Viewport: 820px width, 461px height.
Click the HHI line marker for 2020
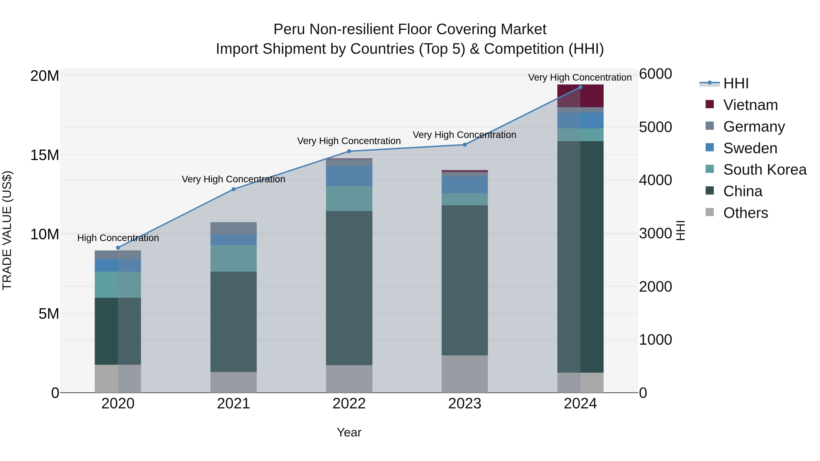tap(118, 247)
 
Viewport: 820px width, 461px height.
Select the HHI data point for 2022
tap(349, 151)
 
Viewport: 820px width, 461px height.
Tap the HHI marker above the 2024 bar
tap(580, 87)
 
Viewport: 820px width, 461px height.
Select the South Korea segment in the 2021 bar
tap(233, 258)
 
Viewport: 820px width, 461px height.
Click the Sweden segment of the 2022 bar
tap(349, 176)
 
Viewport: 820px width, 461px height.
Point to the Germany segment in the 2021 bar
tap(233, 228)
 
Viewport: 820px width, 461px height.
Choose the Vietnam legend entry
tap(750, 105)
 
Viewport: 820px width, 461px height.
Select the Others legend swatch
tap(710, 212)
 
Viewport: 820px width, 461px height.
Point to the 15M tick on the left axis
tap(45, 155)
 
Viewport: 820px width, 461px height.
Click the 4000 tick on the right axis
tap(655, 180)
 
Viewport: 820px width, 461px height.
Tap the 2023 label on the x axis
tap(464, 404)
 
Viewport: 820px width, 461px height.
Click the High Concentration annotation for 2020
tap(118, 238)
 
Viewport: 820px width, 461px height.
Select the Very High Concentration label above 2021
tap(233, 179)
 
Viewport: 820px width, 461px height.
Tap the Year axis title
tap(349, 432)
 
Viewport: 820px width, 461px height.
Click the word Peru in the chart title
tap(290, 29)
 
